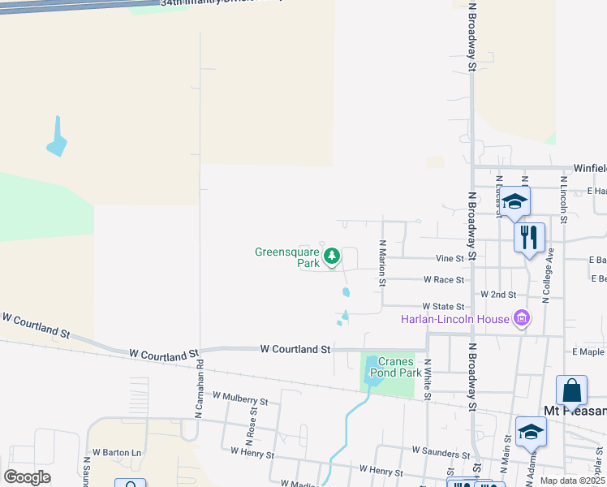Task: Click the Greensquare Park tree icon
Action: (x=331, y=257)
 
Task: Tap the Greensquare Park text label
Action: (x=287, y=257)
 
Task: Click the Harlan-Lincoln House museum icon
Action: (x=523, y=318)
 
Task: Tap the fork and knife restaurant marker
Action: (x=529, y=238)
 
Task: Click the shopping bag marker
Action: (x=571, y=391)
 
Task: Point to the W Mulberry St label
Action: (x=239, y=399)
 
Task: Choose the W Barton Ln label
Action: (x=116, y=452)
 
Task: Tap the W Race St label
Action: (x=443, y=279)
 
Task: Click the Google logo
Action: (x=28, y=477)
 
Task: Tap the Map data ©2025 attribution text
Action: (x=573, y=481)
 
